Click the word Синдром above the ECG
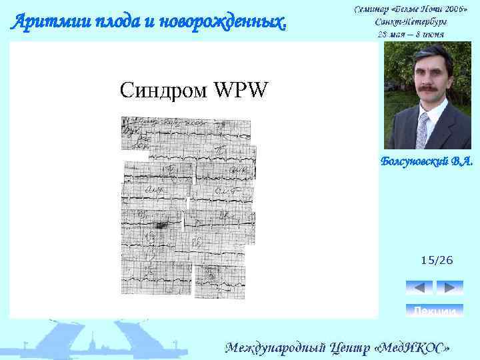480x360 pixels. tap(163, 89)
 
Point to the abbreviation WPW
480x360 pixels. tap(243, 89)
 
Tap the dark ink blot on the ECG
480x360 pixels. tap(160, 227)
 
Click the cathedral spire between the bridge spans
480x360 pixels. tap(98, 337)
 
